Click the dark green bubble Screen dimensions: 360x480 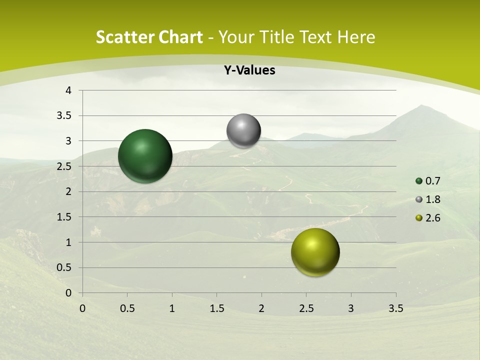145,156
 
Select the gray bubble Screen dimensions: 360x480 243,131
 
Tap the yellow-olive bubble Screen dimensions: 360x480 315,252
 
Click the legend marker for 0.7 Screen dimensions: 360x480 419,181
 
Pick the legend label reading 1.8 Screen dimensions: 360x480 433,199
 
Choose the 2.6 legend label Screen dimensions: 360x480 433,218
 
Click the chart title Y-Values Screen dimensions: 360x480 249,70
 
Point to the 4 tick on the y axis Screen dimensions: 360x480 68,90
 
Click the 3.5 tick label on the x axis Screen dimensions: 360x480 395,308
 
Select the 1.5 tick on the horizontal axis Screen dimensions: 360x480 216,308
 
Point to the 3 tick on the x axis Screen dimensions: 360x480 351,308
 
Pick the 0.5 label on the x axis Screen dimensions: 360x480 127,308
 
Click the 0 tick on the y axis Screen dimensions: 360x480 68,293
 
